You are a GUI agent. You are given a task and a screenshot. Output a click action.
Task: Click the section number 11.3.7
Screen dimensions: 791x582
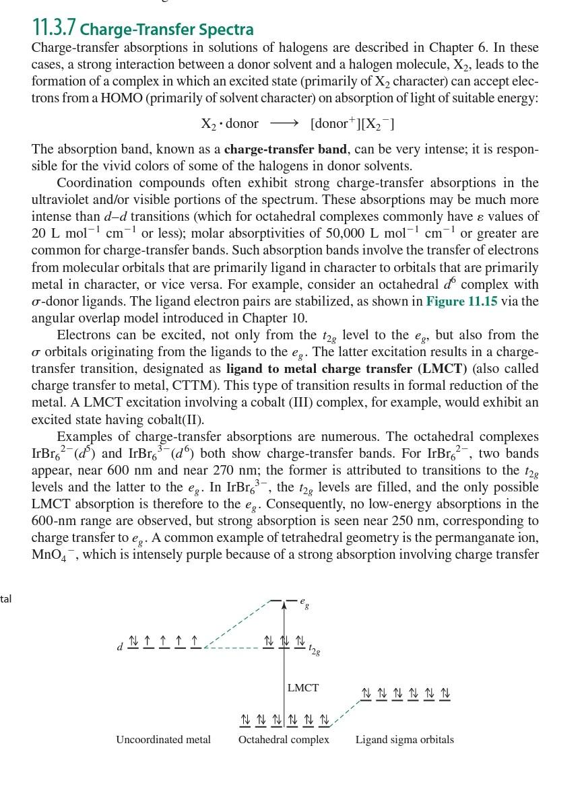54,28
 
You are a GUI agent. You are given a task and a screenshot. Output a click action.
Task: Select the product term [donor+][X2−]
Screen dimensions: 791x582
352,124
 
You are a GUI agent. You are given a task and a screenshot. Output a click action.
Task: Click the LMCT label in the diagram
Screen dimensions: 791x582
303,688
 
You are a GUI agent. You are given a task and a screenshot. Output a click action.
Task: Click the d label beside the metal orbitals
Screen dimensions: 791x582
119,647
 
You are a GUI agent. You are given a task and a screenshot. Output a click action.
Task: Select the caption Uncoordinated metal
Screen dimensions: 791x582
163,740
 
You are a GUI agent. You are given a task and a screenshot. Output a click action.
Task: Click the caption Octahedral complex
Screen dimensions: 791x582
284,740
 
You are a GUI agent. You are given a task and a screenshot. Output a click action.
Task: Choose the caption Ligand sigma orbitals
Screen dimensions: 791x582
404,740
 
